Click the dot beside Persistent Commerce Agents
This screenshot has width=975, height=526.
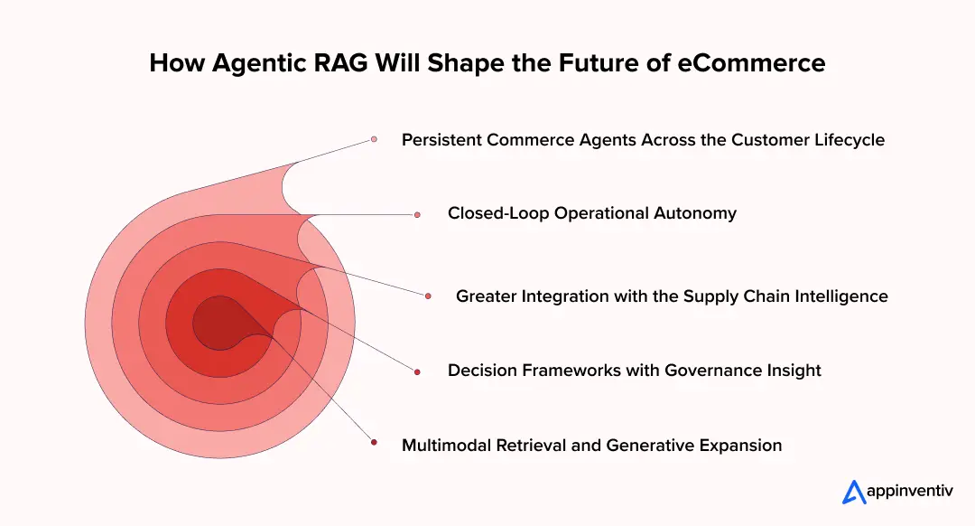point(374,140)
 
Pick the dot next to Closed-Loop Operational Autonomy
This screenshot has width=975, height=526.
point(417,214)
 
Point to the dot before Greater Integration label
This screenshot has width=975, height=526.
point(428,296)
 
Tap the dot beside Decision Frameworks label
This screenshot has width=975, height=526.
point(417,371)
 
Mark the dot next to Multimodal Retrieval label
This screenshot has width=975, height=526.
point(374,443)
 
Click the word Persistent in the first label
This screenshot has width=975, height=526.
point(441,140)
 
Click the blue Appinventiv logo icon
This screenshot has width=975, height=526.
point(854,492)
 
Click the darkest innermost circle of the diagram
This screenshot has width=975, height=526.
point(215,321)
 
